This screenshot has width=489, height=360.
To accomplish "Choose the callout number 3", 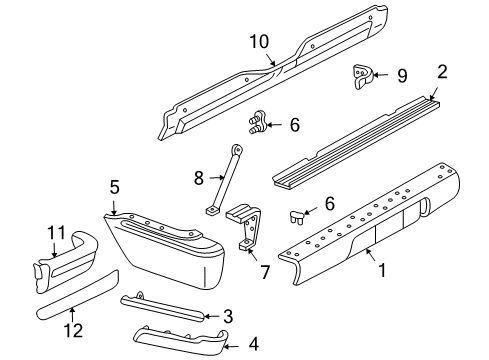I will (x=228, y=316).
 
